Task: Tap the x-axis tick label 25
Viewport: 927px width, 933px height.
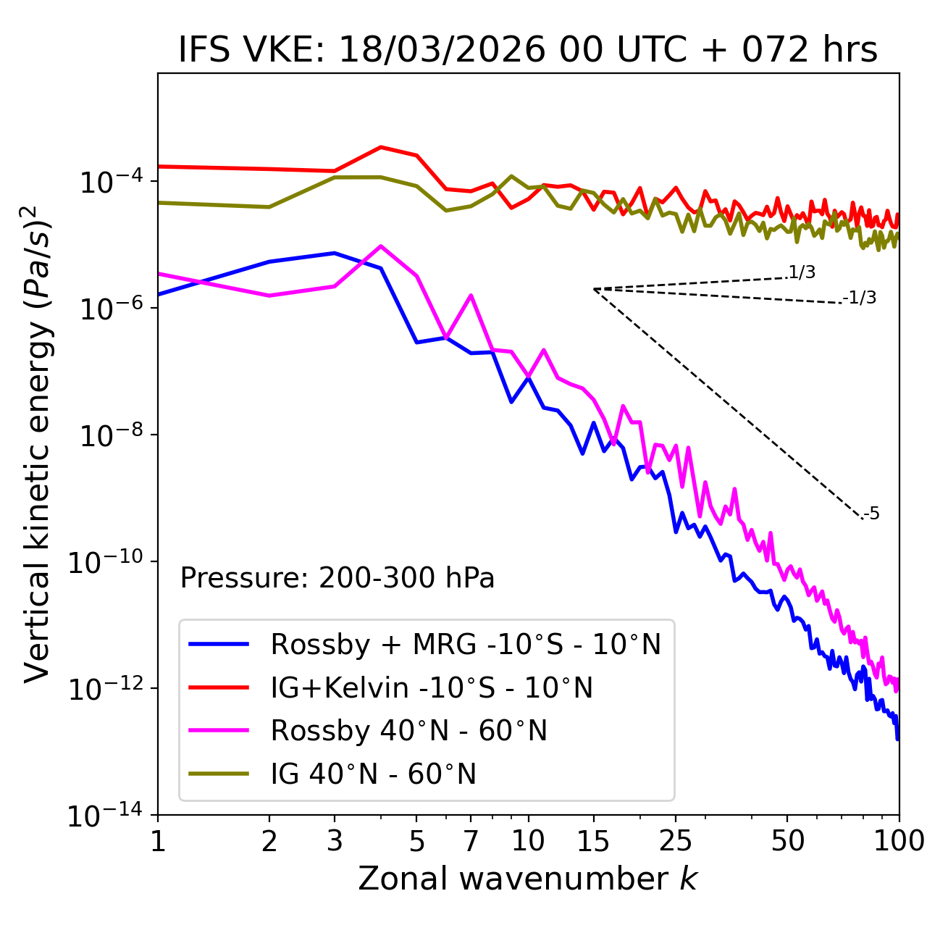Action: click(x=675, y=841)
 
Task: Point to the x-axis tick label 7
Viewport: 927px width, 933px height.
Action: click(x=471, y=841)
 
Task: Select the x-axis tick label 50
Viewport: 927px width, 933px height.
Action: click(x=787, y=841)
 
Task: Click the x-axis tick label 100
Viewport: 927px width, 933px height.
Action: click(x=898, y=841)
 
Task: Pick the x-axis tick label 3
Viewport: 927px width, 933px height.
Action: click(x=335, y=841)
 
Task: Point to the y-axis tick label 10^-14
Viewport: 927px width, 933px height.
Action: click(x=105, y=816)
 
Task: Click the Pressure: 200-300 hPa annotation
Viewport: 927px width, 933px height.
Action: click(x=337, y=578)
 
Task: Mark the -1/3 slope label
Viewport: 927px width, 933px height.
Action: click(x=860, y=298)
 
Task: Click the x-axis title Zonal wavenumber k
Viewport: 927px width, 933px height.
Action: click(x=528, y=879)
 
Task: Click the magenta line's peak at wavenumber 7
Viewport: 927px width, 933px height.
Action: click(x=471, y=296)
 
